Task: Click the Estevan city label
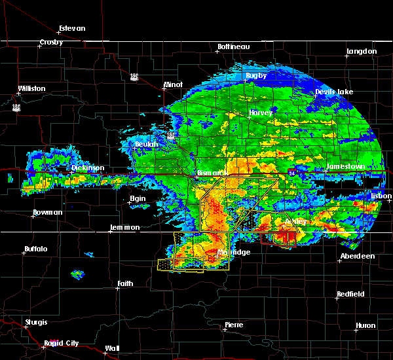(72, 29)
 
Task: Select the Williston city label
(32, 88)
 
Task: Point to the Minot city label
(173, 85)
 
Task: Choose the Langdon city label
(362, 51)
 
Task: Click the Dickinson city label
(88, 168)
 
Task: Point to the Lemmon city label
(124, 227)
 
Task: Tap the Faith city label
(125, 283)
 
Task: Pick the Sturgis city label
(36, 322)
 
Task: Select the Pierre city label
(234, 325)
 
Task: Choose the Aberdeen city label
(358, 256)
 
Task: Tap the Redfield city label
(350, 295)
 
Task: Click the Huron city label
(365, 325)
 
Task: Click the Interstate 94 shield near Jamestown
(291, 172)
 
